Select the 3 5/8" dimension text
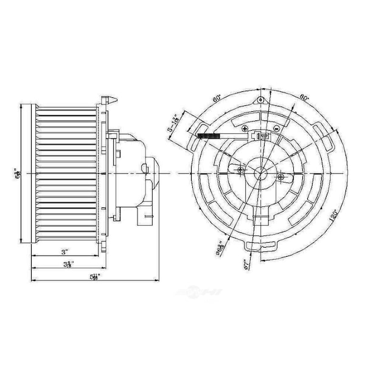[x=69, y=265]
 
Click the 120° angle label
[x=333, y=217]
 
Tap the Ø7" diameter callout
[x=244, y=263]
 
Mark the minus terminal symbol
[x=276, y=129]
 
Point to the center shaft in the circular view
[x=260, y=172]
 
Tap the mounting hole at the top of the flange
[x=260, y=100]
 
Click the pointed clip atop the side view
[x=106, y=97]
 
